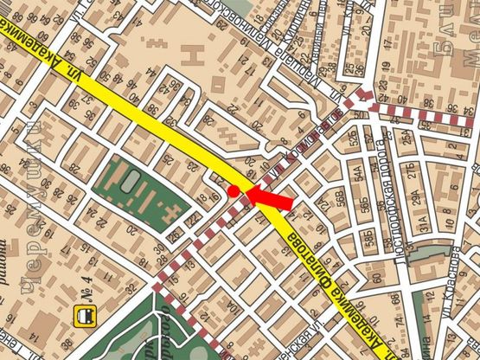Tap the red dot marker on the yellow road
point(234,190)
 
